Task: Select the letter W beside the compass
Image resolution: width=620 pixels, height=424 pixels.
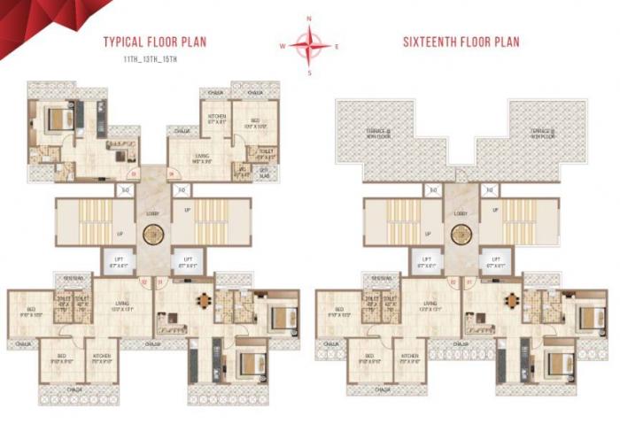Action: pos(283,45)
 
